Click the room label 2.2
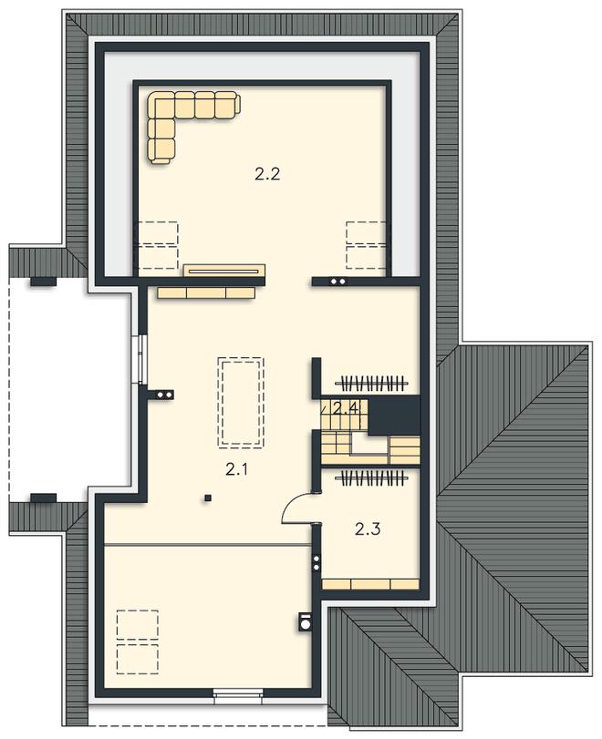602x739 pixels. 267,174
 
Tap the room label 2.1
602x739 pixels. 237,469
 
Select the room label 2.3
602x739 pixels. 368,529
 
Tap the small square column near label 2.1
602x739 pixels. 207,498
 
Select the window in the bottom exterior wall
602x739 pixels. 238,693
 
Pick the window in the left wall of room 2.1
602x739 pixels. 142,358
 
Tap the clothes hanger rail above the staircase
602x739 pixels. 372,384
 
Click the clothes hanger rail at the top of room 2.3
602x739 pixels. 372,478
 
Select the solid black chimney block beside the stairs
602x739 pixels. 394,416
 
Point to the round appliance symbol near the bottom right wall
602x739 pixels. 305,622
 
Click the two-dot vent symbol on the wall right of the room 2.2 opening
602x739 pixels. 338,282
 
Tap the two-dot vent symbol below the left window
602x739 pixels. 165,395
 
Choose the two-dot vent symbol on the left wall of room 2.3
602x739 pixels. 317,563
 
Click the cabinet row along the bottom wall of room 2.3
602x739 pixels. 371,584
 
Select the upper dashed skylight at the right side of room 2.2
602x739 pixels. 366,232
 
